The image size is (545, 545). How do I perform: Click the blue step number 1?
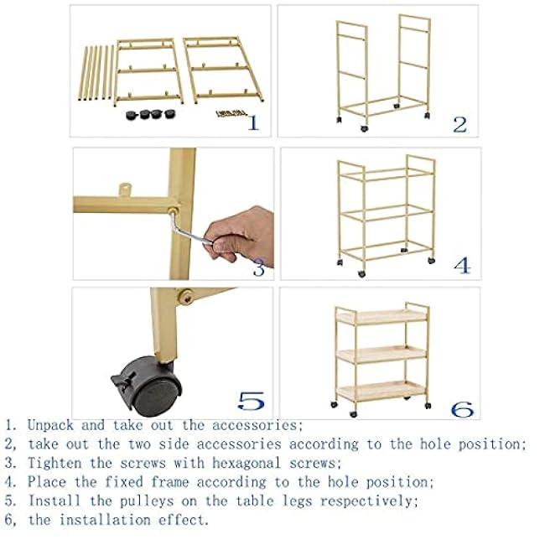pos(252,123)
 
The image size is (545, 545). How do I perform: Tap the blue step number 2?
pos(459,124)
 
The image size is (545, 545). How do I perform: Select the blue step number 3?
pos(258,267)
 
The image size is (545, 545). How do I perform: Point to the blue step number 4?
pos(462,265)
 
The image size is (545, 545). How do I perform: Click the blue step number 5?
pos(252,401)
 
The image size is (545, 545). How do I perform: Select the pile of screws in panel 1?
pos(228,114)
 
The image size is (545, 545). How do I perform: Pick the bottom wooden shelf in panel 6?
pos(381,391)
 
